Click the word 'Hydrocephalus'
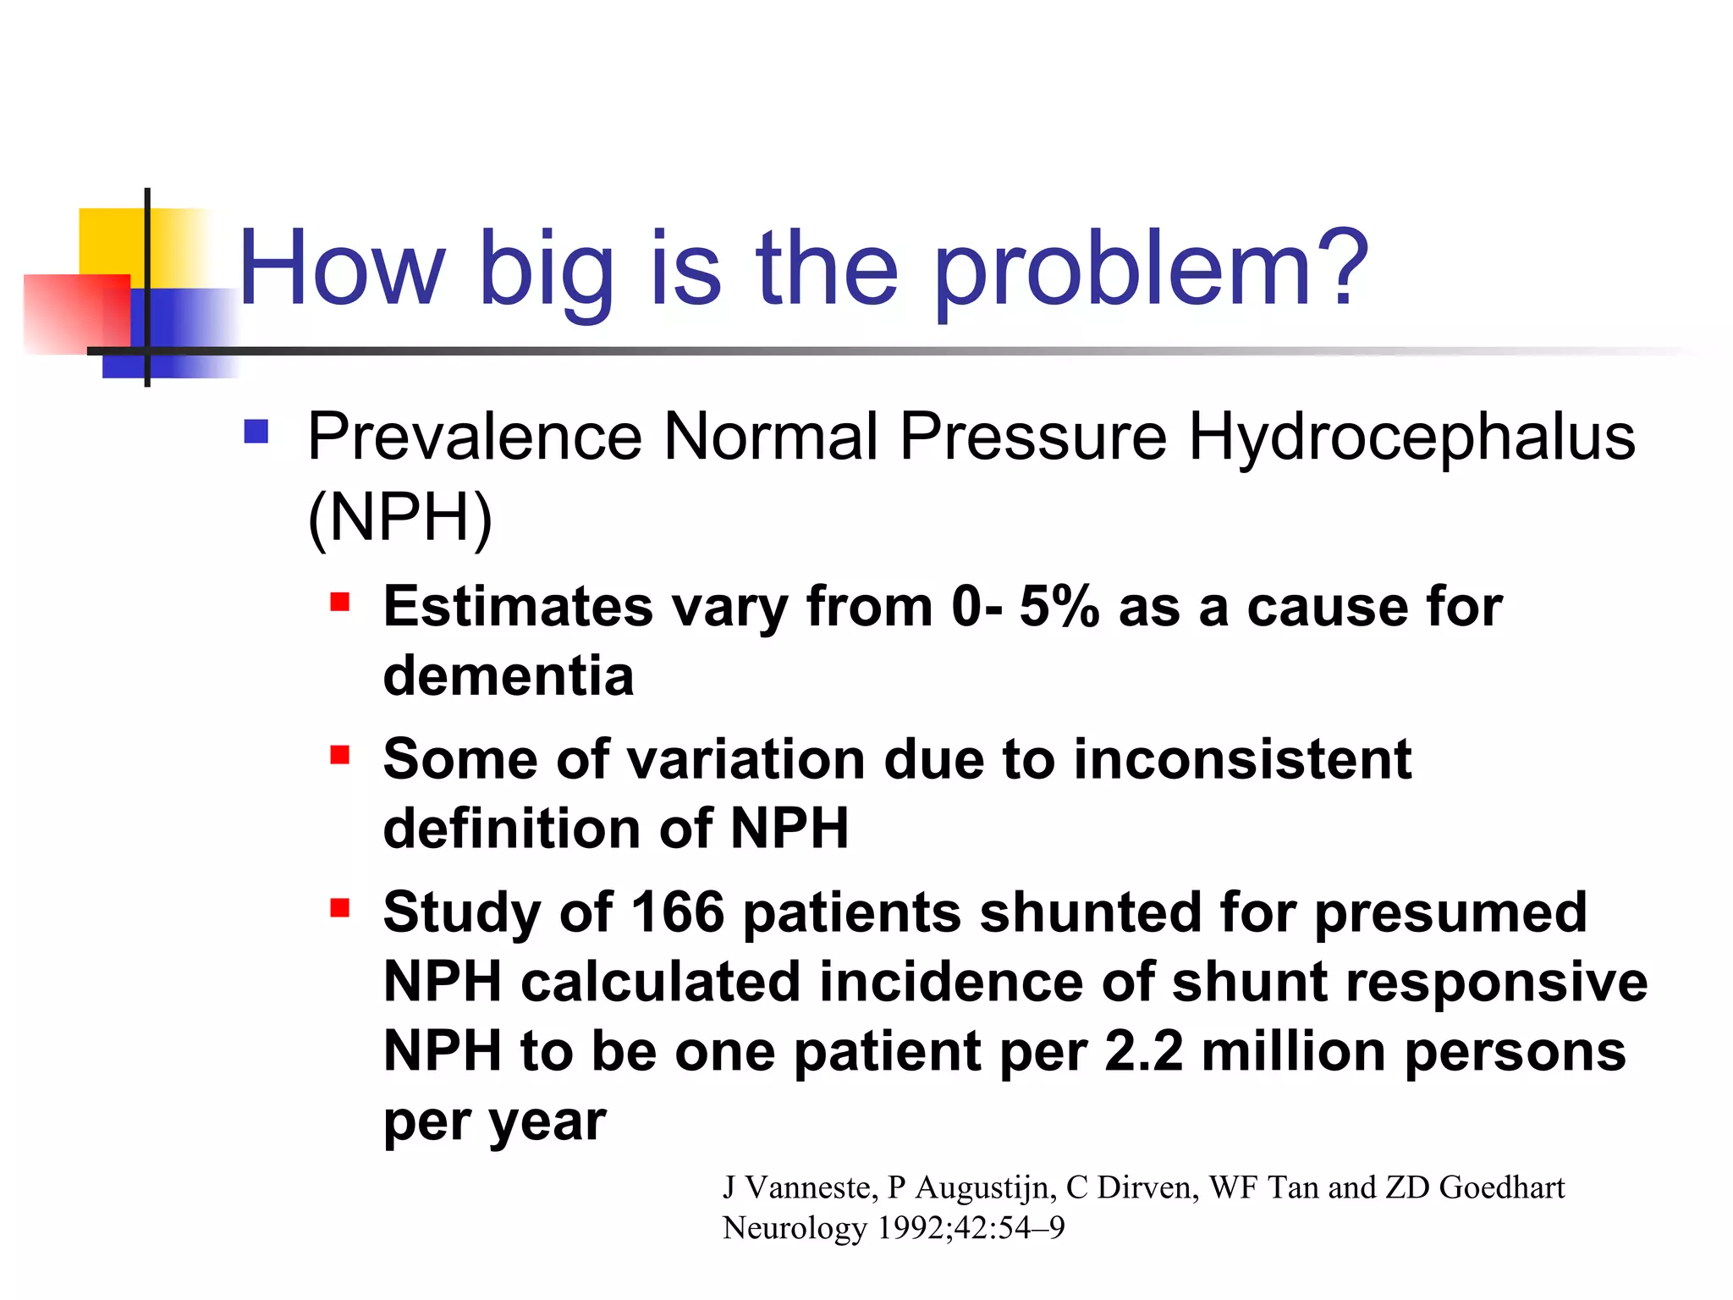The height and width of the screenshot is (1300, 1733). (x=1411, y=438)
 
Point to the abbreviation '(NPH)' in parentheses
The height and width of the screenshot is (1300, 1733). (x=399, y=518)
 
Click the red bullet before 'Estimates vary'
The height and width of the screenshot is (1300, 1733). (x=340, y=602)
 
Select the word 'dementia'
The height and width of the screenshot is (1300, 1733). (x=509, y=676)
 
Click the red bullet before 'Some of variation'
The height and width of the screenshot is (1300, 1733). (x=340, y=754)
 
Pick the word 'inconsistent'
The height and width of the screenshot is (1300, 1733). (x=1242, y=759)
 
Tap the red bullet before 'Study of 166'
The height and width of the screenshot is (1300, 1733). (x=340, y=908)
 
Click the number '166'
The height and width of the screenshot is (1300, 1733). (x=678, y=913)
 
